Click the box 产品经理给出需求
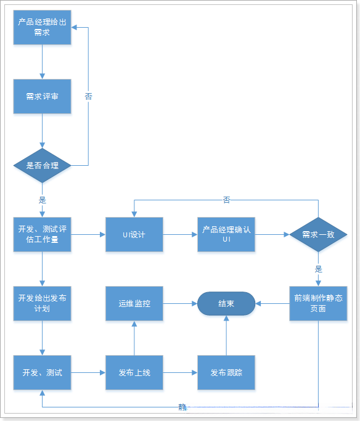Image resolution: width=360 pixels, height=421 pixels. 42,27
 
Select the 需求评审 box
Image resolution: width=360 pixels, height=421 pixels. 42,96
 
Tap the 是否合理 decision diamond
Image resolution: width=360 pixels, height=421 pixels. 42,165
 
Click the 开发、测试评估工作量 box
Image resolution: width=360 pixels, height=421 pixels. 42,234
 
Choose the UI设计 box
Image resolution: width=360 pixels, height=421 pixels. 134,234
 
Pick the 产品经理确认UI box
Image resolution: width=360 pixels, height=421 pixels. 226,234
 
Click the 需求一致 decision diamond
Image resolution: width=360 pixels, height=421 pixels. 318,234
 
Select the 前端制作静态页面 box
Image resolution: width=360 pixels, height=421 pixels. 318,303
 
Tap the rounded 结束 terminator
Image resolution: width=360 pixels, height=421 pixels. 226,303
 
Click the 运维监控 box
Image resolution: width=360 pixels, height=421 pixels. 134,303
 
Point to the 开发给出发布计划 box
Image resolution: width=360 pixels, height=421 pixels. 42,303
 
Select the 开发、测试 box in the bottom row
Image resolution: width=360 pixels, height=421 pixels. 42,372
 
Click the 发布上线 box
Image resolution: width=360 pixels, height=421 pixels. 134,372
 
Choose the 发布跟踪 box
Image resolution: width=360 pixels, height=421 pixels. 226,372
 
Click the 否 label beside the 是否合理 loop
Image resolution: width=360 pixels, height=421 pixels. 88,96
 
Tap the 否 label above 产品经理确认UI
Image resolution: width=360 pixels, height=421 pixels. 226,200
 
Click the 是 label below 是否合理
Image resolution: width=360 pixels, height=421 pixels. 42,200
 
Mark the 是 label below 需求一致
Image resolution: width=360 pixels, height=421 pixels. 318,269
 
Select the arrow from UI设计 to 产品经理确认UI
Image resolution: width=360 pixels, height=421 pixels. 179,234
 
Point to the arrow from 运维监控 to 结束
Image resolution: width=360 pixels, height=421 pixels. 179,303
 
